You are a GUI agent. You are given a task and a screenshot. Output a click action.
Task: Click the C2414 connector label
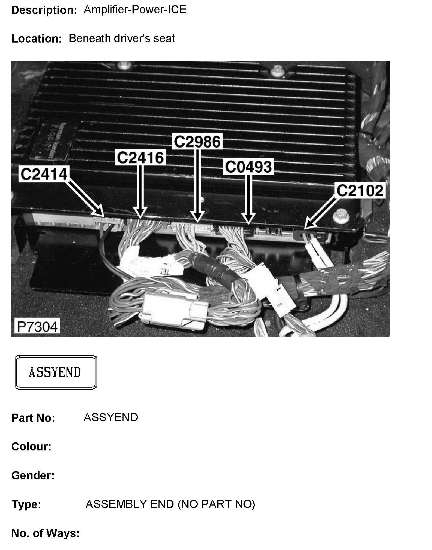pos(44,174)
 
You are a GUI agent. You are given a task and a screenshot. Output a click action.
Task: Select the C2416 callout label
pos(140,157)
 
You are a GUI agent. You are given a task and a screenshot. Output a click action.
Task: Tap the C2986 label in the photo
pos(197,142)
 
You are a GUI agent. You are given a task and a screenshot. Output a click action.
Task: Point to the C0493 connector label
pos(248,167)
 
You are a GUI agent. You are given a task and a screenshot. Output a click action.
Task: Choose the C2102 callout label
pos(360,190)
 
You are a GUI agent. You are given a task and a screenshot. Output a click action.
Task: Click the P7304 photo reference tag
pos(37,327)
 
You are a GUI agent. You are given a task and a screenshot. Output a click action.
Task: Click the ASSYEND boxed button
pos(56,372)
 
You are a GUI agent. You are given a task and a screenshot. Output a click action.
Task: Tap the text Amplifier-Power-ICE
pos(135,10)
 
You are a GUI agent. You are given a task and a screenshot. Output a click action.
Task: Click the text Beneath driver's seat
pos(122,38)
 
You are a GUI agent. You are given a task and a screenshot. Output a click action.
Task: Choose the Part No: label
pos(33,418)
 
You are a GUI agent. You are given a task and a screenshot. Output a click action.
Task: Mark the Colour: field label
pos(31,447)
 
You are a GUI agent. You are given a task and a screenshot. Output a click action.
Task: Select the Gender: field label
pos(33,476)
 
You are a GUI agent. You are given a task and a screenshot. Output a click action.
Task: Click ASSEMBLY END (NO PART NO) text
pos(170,504)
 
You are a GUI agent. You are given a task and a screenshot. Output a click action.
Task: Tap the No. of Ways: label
pos(46,533)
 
